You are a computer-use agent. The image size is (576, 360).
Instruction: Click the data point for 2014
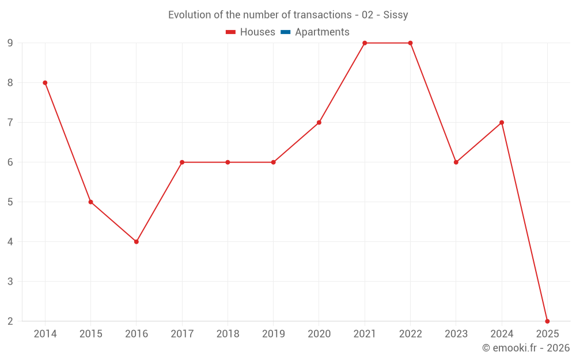tap(45, 83)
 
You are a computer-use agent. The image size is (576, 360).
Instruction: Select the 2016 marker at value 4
tap(137, 242)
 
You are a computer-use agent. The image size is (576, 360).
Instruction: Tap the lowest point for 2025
tap(547, 321)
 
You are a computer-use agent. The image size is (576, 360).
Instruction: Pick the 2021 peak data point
tap(365, 43)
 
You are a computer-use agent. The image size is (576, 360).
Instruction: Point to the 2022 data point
tap(410, 43)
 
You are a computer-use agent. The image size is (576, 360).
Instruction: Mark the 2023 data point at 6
tap(456, 162)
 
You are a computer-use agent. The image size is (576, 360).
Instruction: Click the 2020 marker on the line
tap(319, 123)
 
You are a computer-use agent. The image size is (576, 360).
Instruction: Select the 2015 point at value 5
tap(90, 202)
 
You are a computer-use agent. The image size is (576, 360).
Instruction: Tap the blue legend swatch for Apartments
tap(285, 32)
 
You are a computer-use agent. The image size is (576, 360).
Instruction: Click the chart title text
tap(288, 15)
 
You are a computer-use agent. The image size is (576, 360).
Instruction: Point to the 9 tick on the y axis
tap(10, 43)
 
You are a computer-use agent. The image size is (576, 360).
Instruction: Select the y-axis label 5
tap(10, 202)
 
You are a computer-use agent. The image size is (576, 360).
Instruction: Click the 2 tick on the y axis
tap(10, 321)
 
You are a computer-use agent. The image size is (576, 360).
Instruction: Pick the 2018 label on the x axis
tap(228, 334)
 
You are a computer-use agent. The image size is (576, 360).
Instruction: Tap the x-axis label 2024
tap(502, 334)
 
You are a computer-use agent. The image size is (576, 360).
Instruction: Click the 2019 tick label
tap(273, 334)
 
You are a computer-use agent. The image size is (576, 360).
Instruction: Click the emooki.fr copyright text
tap(525, 348)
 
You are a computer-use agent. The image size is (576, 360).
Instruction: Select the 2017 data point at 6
tap(182, 162)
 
